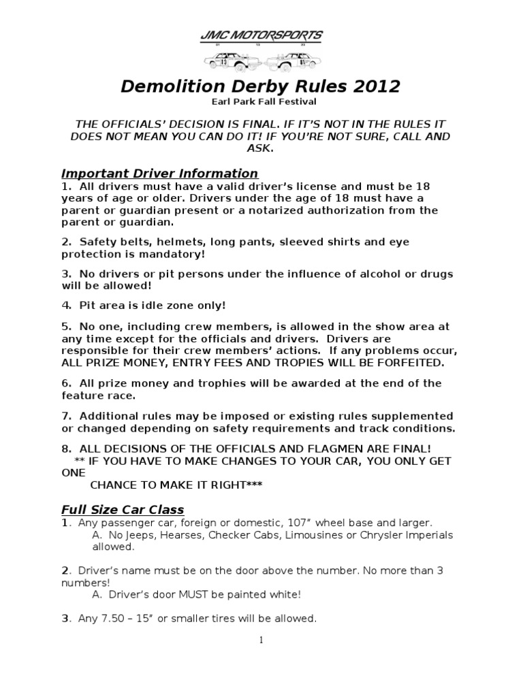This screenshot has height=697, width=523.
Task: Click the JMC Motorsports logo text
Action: tap(261, 35)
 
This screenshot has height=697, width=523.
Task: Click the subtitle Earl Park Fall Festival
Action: tap(261, 102)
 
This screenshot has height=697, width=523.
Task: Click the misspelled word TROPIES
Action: tap(321, 362)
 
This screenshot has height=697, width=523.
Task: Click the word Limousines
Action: tap(317, 535)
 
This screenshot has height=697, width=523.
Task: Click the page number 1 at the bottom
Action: tap(261, 640)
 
